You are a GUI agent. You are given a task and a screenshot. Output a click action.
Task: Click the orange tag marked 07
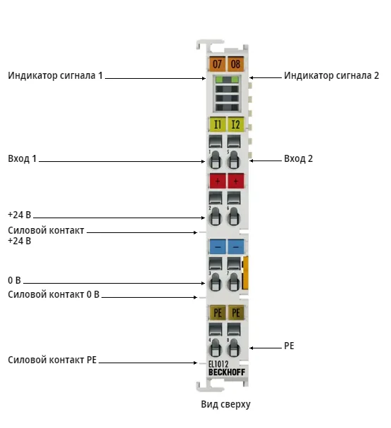coord(217,64)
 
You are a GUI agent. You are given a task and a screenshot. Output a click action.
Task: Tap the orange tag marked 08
coord(235,64)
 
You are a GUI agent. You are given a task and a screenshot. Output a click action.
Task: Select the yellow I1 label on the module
coord(217,125)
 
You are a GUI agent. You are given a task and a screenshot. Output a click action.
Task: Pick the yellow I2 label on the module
coord(235,125)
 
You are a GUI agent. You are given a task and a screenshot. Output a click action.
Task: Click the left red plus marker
coord(218,181)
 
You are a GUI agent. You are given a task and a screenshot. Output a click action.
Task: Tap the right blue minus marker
coord(236,247)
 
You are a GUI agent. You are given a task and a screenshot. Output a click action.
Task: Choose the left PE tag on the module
coord(218,313)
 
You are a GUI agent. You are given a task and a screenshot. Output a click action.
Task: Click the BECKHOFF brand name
coord(227,372)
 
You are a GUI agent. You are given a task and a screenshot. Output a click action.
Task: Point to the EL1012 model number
coord(218,364)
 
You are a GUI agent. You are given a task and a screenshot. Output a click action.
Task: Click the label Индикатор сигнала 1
coord(55,75)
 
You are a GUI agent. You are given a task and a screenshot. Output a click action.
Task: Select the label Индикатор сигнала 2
coord(331,75)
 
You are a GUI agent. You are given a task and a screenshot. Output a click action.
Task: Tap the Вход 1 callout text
coord(22,158)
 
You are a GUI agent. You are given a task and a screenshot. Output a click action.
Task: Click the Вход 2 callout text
coord(299,158)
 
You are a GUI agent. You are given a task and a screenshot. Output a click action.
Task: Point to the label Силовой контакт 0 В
coord(54,294)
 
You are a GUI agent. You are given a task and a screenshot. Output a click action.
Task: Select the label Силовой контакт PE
coord(52,360)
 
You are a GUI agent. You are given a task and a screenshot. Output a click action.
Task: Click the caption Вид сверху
coord(225,404)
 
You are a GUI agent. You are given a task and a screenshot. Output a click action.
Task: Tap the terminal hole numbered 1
coord(215,160)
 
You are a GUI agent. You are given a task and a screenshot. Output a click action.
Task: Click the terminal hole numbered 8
coord(234,348)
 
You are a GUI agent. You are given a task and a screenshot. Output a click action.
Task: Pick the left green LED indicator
coord(219,80)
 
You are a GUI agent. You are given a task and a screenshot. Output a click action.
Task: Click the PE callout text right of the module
coord(289,346)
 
